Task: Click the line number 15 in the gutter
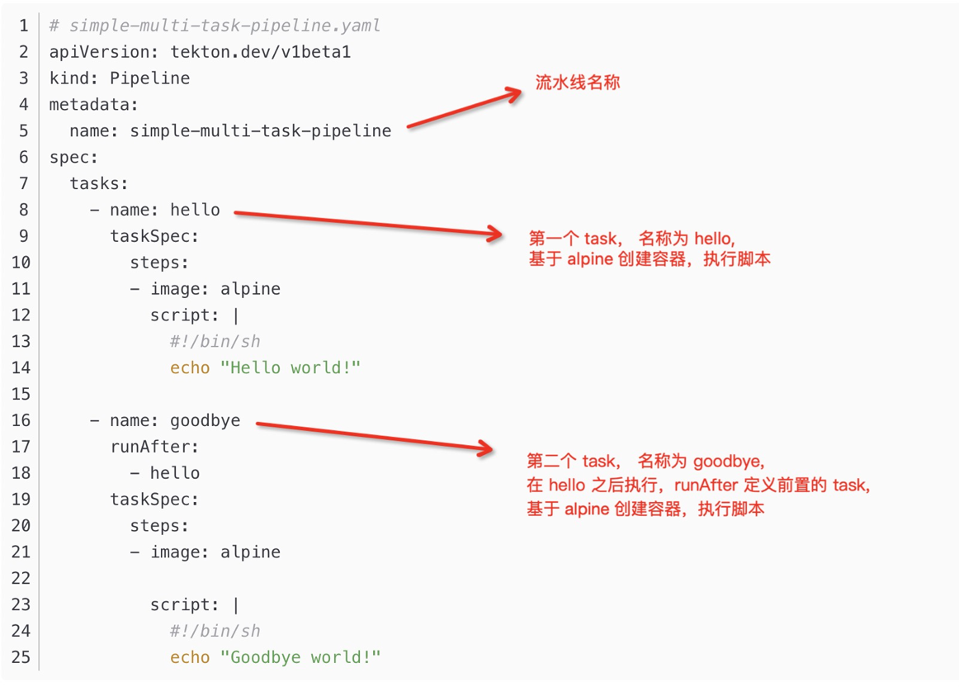[x=20, y=394]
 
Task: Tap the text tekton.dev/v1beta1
[x=261, y=52]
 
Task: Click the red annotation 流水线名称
[x=578, y=83]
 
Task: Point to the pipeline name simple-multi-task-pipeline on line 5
[x=261, y=130]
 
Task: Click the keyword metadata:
[x=94, y=104]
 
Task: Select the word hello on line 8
[x=196, y=210]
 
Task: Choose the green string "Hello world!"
[x=291, y=367]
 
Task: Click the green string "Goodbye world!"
[x=300, y=657]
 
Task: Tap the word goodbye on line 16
[x=205, y=420]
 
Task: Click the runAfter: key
[x=155, y=447]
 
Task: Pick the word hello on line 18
[x=175, y=473]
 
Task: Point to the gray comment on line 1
[x=215, y=26]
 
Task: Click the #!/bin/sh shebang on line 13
[x=215, y=341]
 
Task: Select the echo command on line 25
[x=190, y=657]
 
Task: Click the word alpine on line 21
[x=250, y=552]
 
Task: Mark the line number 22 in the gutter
[x=20, y=578]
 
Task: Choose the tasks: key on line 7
[x=99, y=183]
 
